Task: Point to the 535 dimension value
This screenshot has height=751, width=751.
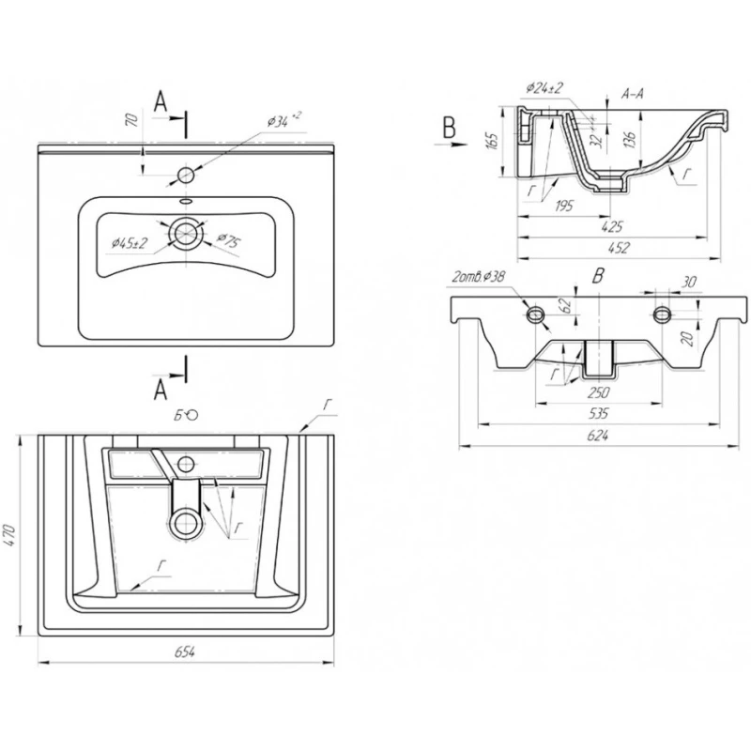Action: [x=597, y=412]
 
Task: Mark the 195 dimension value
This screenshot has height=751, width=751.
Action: [x=563, y=206]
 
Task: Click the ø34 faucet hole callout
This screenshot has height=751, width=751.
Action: [x=282, y=120]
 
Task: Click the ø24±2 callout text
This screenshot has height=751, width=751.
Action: [x=544, y=88]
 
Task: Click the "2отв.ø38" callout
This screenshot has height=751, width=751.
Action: [x=479, y=277]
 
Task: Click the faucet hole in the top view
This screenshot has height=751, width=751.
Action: [x=185, y=175]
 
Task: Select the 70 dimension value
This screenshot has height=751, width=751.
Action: [x=132, y=120]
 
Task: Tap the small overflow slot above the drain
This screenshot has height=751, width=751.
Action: [x=185, y=201]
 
